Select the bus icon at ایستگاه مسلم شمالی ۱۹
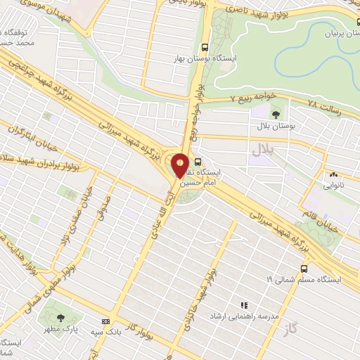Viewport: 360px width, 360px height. coord(304,268)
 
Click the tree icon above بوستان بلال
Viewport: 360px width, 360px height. coord(275,112)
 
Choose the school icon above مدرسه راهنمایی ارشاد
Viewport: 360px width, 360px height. coord(244,306)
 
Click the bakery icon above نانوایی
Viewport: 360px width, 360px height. coord(333,175)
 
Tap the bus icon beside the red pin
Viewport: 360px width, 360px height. coord(198,161)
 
